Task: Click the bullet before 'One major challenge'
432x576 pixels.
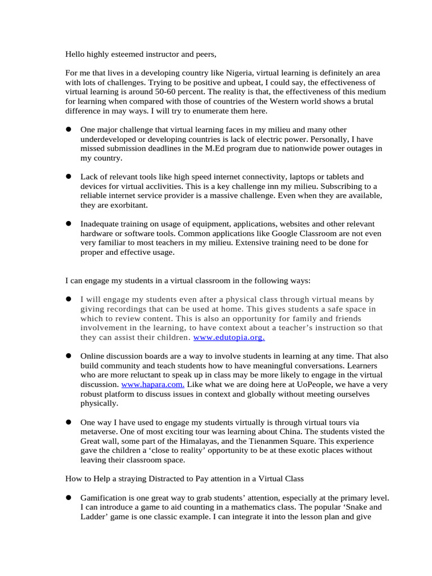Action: click(x=69, y=130)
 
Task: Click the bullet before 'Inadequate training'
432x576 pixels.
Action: click(x=69, y=224)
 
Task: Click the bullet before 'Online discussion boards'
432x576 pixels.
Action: click(x=69, y=356)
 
